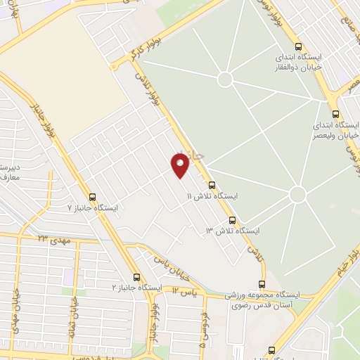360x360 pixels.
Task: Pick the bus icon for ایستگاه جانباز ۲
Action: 137,277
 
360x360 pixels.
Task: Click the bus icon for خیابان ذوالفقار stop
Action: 300,44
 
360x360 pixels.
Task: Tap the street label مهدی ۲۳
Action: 51,240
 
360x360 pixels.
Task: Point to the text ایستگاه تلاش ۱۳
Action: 232,231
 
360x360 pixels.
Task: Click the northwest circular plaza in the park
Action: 225,78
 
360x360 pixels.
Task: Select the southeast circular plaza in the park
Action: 297,194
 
